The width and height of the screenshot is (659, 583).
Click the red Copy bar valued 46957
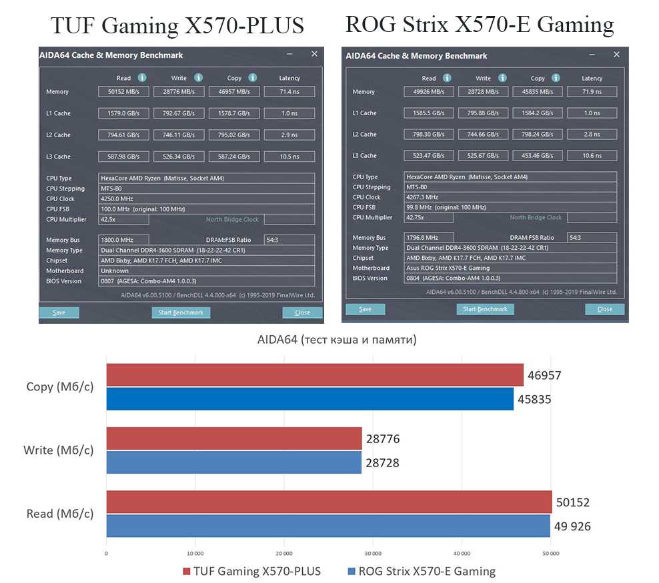point(315,375)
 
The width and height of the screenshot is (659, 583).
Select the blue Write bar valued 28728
point(233,462)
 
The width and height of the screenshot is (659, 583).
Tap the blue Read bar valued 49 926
point(328,526)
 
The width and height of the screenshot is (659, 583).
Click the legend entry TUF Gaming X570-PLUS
point(252,571)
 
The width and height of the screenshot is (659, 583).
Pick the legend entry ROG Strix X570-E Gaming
point(422,571)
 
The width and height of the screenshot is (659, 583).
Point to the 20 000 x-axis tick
point(283,553)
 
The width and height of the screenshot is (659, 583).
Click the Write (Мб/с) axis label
point(58,450)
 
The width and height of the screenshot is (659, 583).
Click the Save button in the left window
point(59,312)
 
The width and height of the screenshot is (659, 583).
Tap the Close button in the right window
point(604,309)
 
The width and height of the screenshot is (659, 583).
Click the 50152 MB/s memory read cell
point(124,92)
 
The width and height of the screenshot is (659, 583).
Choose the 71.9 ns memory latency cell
point(592,92)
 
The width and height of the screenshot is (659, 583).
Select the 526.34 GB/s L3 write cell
point(179,157)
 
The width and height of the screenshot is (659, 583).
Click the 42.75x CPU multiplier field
point(429,217)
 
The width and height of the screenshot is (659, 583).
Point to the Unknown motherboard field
point(206,271)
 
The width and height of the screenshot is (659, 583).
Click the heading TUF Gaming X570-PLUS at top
point(177,26)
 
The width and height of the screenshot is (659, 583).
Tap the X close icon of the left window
point(314,54)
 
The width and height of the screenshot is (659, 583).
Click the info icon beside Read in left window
point(142,78)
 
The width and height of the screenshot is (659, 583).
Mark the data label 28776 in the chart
point(383,439)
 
